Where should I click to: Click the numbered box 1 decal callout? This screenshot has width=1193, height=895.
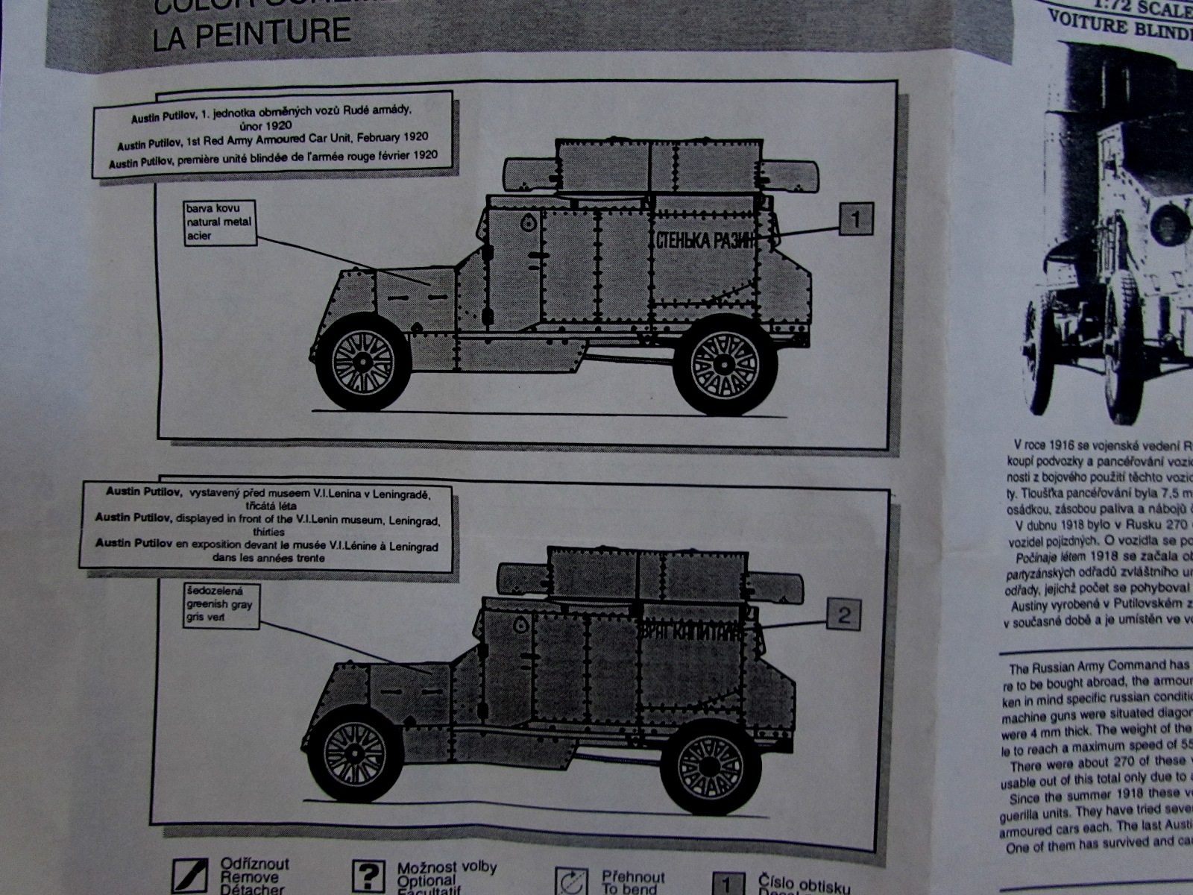pos(855,219)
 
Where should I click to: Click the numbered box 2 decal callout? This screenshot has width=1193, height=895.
pos(843,615)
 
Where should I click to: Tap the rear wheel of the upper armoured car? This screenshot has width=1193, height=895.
pos(724,363)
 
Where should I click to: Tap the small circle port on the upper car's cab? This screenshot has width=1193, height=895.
pos(528,222)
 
